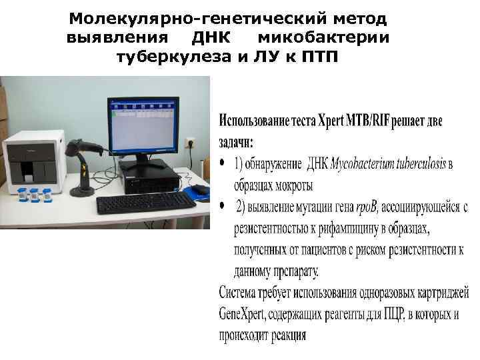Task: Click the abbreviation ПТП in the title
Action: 319,56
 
